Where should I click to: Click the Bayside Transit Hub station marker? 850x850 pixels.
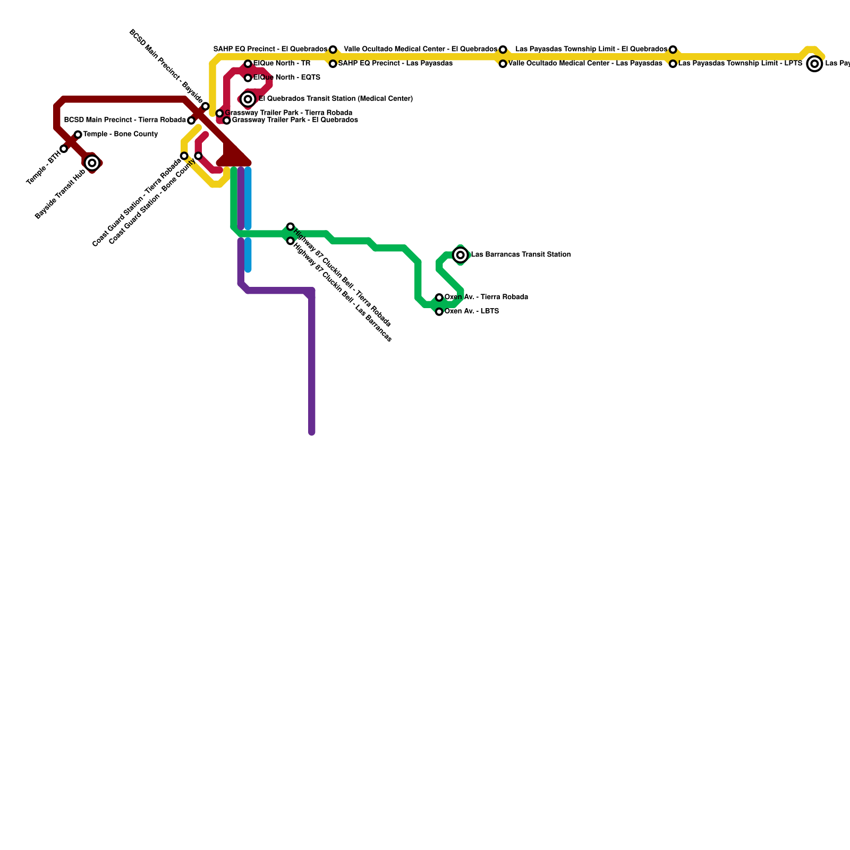92,163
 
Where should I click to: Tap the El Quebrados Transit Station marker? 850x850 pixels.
248,99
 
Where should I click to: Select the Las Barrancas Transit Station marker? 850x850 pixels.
461,255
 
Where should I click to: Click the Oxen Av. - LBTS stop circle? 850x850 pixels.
439,312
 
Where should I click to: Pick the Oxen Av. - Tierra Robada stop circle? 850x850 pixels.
439,297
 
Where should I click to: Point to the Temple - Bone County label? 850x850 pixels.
121,134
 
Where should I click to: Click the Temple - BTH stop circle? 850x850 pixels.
64,149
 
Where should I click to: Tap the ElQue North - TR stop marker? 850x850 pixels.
248,64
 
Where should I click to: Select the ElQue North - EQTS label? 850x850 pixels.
287,78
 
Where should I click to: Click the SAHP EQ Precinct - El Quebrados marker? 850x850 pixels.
333,49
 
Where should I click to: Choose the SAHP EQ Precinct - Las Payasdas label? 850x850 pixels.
395,64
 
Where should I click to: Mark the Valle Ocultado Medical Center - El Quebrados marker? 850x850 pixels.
503,49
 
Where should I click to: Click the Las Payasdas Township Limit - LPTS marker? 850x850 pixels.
673,64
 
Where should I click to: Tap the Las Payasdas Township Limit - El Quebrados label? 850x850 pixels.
591,49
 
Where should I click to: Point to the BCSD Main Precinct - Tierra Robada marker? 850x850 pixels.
191,121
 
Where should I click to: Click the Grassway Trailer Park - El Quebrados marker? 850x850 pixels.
227,121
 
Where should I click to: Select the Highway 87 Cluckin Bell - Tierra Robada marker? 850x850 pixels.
291,227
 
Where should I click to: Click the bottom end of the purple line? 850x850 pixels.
312,432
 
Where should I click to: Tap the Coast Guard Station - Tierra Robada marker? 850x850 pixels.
184,156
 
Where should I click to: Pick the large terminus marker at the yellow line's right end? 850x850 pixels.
814,64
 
